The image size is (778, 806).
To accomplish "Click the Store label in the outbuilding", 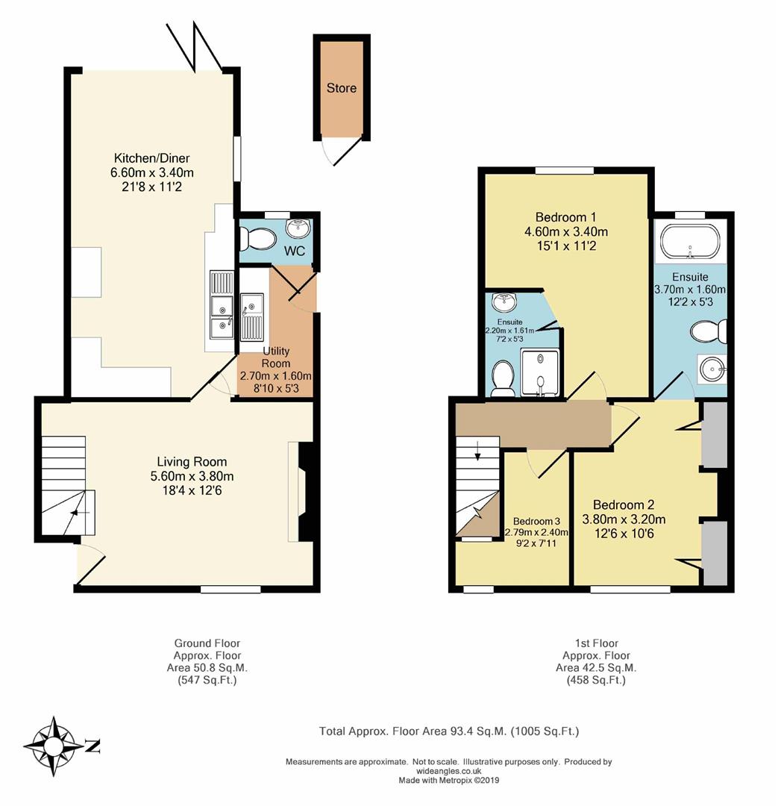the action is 341,88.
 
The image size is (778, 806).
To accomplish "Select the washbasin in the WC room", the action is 298,228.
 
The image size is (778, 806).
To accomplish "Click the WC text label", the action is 295,251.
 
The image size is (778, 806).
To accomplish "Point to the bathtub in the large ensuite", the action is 690,241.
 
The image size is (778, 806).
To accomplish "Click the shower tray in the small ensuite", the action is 539,372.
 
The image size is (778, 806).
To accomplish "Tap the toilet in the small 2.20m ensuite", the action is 502,379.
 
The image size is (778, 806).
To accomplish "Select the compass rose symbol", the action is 54,746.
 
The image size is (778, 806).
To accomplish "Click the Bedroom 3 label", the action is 536,521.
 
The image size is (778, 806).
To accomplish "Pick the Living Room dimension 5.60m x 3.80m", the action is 192,476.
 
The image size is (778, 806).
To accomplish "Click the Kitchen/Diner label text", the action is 151,158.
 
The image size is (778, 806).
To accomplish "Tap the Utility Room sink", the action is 252,317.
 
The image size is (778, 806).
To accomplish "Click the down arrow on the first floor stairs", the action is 478,450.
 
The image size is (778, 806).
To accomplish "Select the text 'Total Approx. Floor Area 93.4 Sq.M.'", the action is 412,731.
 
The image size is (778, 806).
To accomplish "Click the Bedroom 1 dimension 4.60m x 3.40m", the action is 565,232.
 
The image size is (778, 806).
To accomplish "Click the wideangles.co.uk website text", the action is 448,771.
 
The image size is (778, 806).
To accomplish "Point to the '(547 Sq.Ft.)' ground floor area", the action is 207,681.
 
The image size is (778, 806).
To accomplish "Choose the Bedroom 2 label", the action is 624,504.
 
